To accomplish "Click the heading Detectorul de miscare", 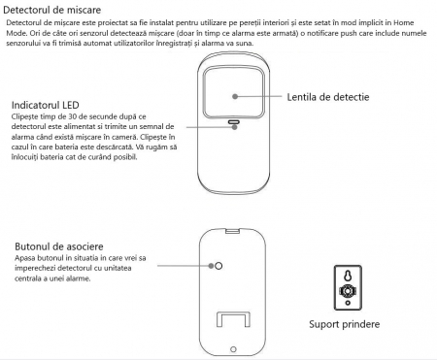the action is pyautogui.click(x=51, y=10).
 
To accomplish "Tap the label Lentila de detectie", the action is pyautogui.click(x=328, y=97).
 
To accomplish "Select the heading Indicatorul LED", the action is pyautogui.click(x=46, y=105).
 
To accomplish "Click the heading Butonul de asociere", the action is pyautogui.click(x=59, y=246).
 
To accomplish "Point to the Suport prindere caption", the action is pyautogui.click(x=345, y=324).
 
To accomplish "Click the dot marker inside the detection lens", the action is pyautogui.click(x=235, y=96).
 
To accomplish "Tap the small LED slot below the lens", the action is pyautogui.click(x=233, y=122).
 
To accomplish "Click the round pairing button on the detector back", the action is pyautogui.click(x=218, y=266).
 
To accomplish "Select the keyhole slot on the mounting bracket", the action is pyautogui.click(x=348, y=276).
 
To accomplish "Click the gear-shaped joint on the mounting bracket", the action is pyautogui.click(x=348, y=291).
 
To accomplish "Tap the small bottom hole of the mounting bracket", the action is pyautogui.click(x=348, y=303).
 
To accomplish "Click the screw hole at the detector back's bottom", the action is pyautogui.click(x=233, y=349).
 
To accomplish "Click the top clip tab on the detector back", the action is pyautogui.click(x=232, y=231).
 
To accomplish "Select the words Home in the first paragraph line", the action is pyautogui.click(x=404, y=22).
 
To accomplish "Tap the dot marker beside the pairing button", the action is pyautogui.click(x=211, y=266).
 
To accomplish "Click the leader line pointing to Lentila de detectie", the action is pyautogui.click(x=259, y=96).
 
